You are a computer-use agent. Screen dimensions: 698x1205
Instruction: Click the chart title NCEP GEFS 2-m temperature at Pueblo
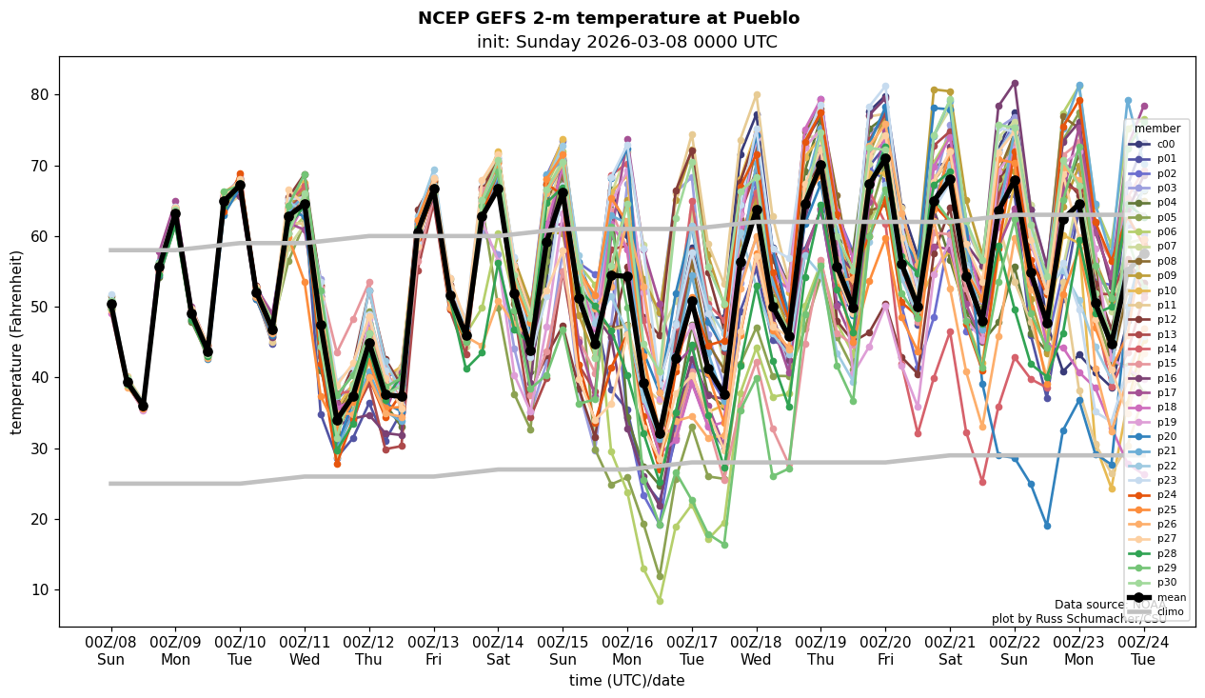point(608,18)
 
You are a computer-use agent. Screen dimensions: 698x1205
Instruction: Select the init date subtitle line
point(626,42)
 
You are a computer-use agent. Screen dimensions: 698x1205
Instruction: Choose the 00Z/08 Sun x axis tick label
point(110,650)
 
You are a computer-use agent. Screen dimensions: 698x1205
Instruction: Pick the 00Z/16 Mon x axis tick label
point(627,650)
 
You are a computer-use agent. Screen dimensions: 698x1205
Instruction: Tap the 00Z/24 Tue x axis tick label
point(1144,650)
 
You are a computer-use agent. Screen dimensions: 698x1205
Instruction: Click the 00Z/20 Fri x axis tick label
point(885,650)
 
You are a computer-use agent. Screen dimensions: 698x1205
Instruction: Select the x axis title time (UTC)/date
point(626,680)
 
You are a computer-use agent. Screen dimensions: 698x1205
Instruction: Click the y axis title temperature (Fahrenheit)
point(16,342)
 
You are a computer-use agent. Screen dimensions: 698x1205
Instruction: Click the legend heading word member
point(1157,129)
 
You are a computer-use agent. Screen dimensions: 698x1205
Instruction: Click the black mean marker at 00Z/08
point(111,305)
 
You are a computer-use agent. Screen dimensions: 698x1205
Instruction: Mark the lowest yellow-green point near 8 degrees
point(660,601)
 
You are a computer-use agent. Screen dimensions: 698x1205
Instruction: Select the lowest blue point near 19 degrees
point(1047,526)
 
